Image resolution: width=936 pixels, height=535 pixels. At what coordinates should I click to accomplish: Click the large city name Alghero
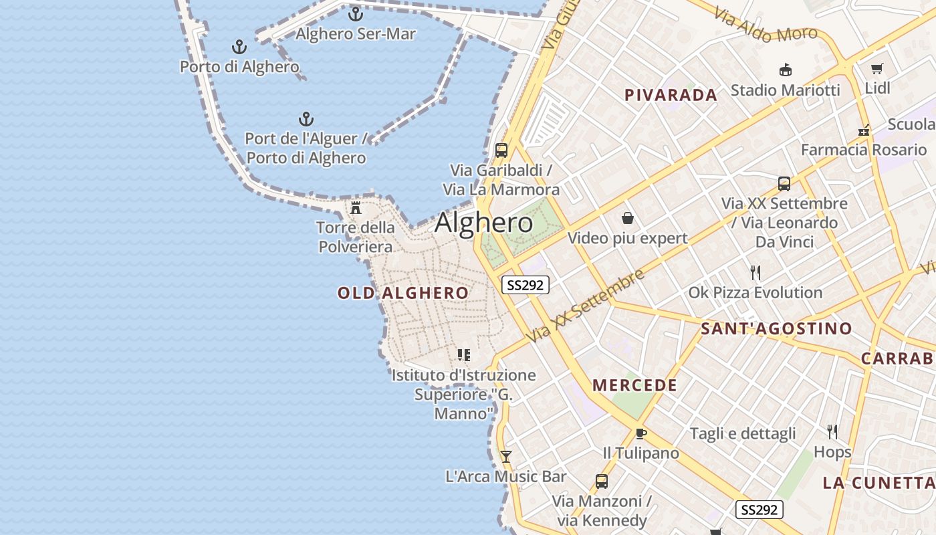click(484, 223)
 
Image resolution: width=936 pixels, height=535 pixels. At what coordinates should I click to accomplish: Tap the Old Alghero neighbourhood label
click(403, 293)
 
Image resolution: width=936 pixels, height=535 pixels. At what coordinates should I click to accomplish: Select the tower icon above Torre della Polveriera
click(356, 208)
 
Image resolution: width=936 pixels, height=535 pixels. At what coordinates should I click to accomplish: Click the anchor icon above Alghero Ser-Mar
click(356, 13)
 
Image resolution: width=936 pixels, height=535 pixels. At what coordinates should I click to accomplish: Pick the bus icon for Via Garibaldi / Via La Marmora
click(501, 150)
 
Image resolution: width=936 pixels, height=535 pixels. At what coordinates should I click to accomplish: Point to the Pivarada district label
click(671, 95)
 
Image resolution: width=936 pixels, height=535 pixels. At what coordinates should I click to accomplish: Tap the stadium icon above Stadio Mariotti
click(786, 70)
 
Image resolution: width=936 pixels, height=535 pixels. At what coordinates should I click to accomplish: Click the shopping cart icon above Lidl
click(877, 68)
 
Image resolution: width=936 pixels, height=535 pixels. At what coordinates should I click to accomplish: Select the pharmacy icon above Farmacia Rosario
click(864, 130)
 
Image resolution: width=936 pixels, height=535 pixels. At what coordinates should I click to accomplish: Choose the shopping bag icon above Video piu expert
click(628, 218)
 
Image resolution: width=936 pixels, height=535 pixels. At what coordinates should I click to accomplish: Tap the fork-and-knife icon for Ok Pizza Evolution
click(755, 273)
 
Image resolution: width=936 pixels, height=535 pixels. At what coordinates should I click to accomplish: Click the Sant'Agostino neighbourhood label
click(776, 328)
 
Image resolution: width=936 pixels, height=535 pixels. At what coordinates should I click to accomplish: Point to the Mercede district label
click(635, 385)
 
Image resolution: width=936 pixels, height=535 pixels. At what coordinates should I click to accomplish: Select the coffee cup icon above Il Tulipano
click(641, 433)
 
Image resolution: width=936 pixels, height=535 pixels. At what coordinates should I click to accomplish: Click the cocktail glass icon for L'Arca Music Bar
click(506, 457)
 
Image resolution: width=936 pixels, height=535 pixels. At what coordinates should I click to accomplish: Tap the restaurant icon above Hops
click(832, 432)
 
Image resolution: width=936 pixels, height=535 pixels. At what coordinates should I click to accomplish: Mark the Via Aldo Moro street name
click(766, 25)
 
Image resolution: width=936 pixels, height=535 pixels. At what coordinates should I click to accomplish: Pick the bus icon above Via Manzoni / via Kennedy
click(602, 481)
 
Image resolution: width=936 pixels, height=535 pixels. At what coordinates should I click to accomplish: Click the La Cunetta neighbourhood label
click(879, 483)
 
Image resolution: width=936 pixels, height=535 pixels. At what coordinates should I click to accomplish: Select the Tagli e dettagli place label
click(743, 433)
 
